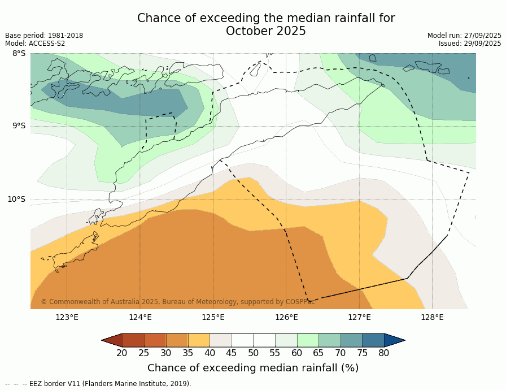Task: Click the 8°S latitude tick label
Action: (19, 54)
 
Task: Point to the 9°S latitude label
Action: (19, 126)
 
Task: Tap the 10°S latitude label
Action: (16, 199)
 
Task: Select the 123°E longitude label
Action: (67, 317)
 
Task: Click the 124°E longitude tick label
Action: (140, 317)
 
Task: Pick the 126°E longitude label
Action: (286, 317)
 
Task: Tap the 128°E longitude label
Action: (432, 317)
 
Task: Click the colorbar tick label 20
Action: (122, 353)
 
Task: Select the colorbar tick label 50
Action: (253, 353)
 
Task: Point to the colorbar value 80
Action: (384, 353)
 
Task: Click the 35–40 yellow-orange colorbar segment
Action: (199, 340)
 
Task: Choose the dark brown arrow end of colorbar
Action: (112, 340)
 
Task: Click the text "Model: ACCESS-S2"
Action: (35, 44)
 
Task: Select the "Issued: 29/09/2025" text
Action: (470, 44)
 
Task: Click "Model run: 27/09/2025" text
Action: (464, 36)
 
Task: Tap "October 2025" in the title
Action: (266, 31)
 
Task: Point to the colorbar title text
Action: (253, 368)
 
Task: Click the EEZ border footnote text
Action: (98, 384)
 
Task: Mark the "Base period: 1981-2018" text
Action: (44, 36)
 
